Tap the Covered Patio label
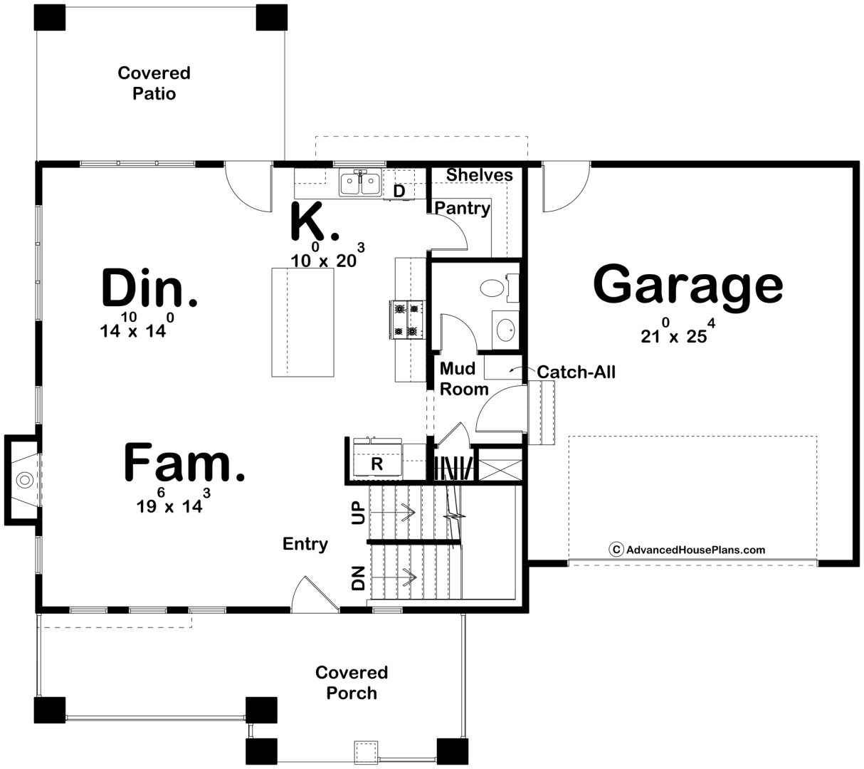[x=154, y=83]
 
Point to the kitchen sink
[x=360, y=183]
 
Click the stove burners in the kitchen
[x=407, y=320]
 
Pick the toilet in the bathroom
[x=500, y=288]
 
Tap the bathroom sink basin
[x=506, y=330]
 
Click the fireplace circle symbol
[x=25, y=480]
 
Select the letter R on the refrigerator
[x=377, y=464]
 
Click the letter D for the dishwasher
[x=399, y=192]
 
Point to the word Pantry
[x=463, y=209]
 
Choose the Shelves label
[x=480, y=175]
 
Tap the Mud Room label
[x=464, y=379]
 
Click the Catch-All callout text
[x=576, y=372]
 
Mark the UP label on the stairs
[x=359, y=513]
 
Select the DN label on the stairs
[x=359, y=578]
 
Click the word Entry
[x=305, y=545]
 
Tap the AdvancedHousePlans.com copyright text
[x=687, y=550]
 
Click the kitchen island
[x=302, y=322]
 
